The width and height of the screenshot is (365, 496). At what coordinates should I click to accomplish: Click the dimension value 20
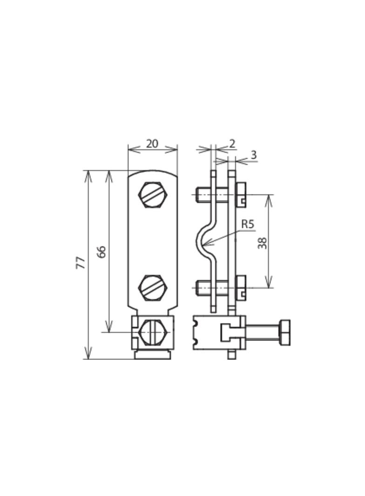[x=152, y=144]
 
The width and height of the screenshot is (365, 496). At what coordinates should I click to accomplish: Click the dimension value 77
[x=81, y=263]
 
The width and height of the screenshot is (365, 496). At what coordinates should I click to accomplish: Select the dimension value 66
[x=102, y=252]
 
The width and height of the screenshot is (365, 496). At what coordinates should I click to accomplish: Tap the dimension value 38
[x=263, y=243]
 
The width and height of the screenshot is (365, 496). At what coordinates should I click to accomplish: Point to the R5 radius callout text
[x=248, y=224]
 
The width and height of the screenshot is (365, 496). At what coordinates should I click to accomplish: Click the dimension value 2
[x=232, y=144]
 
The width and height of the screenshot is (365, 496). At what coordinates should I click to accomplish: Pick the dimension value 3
[x=253, y=155]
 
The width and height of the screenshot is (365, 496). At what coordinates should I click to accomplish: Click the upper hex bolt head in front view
[x=153, y=195]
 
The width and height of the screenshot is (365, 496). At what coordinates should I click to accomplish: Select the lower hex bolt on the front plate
[x=153, y=288]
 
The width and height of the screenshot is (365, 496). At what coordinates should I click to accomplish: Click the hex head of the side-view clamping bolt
[x=284, y=332]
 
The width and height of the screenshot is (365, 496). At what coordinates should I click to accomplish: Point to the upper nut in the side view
[x=241, y=194]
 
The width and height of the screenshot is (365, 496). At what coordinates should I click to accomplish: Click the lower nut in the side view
[x=241, y=287]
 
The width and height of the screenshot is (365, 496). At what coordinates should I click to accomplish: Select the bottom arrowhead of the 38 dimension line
[x=269, y=286]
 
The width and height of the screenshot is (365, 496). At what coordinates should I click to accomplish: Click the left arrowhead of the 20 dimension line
[x=130, y=149]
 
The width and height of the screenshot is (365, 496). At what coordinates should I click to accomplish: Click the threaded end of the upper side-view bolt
[x=198, y=194]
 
